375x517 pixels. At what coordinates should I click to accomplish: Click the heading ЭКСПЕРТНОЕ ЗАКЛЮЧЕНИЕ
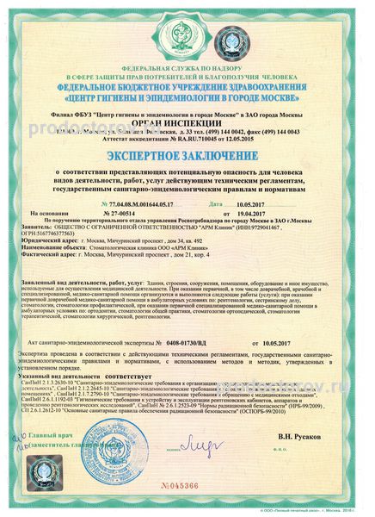click(x=187, y=158)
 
